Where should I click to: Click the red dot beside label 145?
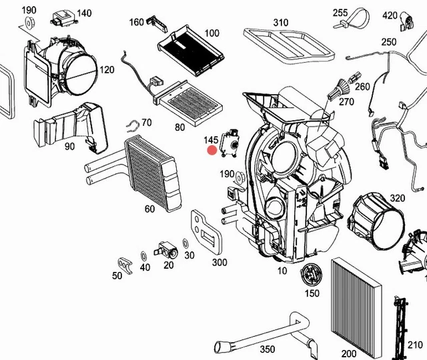coord(212,151)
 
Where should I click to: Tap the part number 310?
coord(281,23)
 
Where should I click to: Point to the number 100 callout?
coord(211,33)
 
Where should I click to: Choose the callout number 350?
coord(267,349)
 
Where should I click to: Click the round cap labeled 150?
coord(311,273)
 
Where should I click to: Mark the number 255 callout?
coord(340,13)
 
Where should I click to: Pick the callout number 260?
coord(362,87)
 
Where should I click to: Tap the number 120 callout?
coord(107,69)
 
